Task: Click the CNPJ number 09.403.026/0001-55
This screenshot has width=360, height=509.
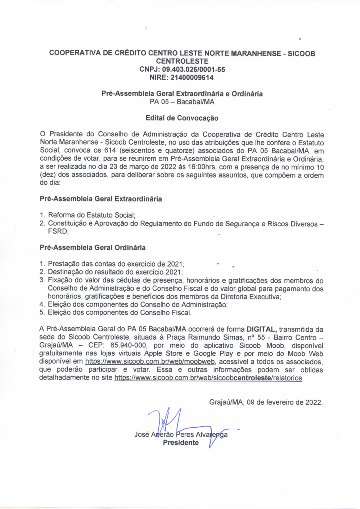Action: (194, 69)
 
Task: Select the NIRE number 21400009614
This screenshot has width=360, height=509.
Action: (192, 77)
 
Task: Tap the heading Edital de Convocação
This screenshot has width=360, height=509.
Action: (182, 118)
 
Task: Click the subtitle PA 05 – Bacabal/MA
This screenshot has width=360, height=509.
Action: (182, 102)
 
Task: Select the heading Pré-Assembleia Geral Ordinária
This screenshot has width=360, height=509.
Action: (93, 247)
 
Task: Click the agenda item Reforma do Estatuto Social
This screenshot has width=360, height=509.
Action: (91, 215)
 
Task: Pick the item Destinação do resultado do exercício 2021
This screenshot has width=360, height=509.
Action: (115, 272)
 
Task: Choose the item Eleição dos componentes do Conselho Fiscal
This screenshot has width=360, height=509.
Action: (120, 313)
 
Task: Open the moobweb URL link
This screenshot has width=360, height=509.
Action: (150, 362)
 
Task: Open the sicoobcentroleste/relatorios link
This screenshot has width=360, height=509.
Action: (208, 378)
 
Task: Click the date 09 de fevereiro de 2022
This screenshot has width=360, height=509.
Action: (284, 402)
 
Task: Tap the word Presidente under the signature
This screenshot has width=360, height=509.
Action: (181, 443)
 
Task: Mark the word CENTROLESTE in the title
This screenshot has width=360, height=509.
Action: (182, 61)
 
